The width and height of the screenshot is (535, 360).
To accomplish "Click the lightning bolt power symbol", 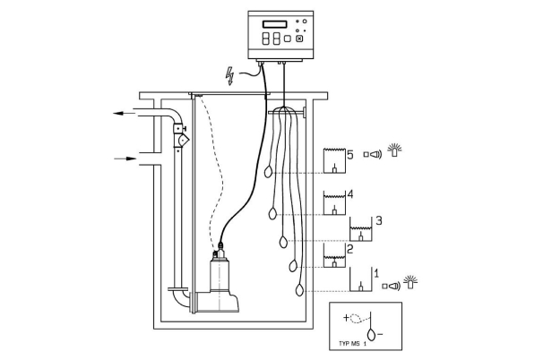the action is point(230,76).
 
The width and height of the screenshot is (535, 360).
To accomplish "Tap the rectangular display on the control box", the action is point(274,24).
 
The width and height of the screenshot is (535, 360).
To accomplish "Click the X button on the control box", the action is point(299,39).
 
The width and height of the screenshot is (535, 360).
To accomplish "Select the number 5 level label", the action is point(350,155).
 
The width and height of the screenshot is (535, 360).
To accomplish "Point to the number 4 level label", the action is point(350,194).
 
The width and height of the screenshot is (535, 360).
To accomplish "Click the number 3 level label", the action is point(379,220).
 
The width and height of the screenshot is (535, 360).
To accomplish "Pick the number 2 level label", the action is point(350,250).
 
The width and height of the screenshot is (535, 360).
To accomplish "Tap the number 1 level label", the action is point(376,273).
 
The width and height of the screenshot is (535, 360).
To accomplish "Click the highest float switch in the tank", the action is point(269,172).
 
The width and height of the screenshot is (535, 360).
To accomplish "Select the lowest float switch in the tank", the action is point(299,290).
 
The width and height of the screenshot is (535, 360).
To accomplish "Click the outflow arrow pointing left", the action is point(125,113).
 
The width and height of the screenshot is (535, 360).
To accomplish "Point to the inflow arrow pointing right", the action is point(125,159).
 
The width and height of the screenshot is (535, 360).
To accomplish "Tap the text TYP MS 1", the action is point(352,344).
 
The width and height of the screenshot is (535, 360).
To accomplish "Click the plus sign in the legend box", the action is point(346,318).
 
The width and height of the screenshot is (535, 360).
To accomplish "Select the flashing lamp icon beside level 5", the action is point(394,150).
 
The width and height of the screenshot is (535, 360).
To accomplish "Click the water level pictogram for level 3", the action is point(360,229).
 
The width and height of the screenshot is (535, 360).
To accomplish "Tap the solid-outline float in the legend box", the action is point(371,334).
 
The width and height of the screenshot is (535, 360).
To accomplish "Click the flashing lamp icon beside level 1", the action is point(410,282).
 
